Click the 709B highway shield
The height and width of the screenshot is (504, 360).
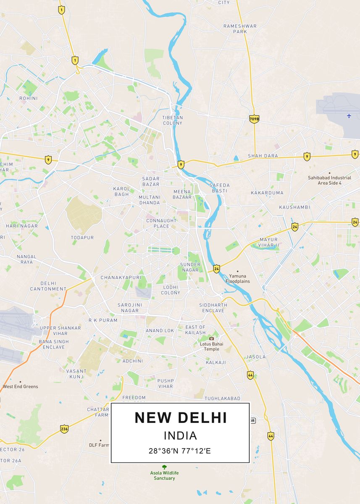coord(254,119)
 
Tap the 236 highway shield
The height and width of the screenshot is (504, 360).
coord(64,429)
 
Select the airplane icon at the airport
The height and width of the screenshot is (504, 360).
coord(349,115)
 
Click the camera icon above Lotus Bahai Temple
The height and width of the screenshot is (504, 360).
coord(211,338)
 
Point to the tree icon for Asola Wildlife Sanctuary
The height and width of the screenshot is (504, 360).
coord(164,467)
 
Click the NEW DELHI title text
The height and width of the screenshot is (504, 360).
coord(181,418)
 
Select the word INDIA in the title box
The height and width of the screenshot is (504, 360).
coord(180,436)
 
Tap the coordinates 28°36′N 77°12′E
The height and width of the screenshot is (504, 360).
coord(180,451)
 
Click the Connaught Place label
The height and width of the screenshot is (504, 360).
coord(161,223)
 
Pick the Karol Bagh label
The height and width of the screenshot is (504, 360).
coord(122,192)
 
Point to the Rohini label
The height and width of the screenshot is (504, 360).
coord(29,98)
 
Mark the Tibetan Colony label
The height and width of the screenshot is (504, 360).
coord(173,121)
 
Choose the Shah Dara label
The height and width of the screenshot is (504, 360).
coord(263,156)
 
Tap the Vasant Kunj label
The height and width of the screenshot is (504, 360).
coord(76,374)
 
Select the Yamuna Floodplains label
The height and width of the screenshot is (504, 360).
coord(238,278)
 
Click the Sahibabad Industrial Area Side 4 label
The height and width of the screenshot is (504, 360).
coord(329,180)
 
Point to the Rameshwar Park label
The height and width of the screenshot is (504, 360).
coord(240,29)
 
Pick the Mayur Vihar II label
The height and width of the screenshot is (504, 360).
coord(268,242)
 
